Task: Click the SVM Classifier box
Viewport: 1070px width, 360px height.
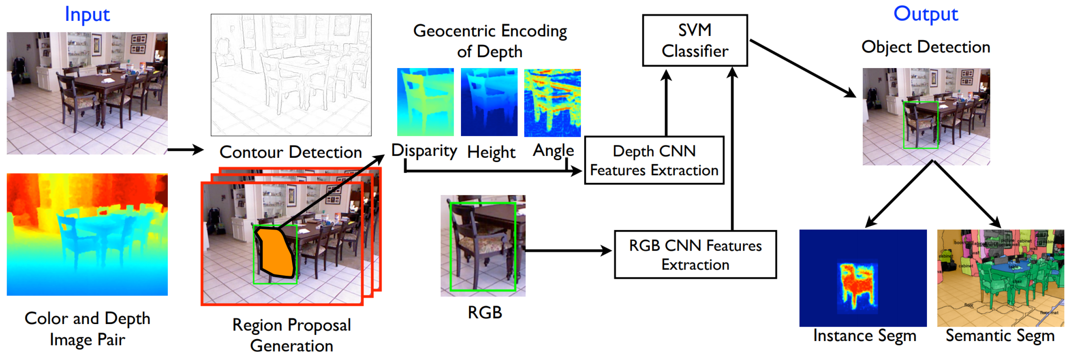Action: pyautogui.click(x=695, y=41)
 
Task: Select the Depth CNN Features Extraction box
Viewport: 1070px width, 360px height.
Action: pyautogui.click(x=654, y=160)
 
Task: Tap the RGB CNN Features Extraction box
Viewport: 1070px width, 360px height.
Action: pyautogui.click(x=695, y=254)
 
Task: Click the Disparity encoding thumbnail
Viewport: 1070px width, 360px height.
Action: pyautogui.click(x=425, y=102)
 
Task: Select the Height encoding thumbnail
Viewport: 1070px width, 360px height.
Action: pyautogui.click(x=489, y=102)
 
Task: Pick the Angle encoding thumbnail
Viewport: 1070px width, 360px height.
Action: pyautogui.click(x=552, y=102)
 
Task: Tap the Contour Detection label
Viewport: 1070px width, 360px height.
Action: pyautogui.click(x=290, y=152)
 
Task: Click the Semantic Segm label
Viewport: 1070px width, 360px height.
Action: pyautogui.click(x=999, y=336)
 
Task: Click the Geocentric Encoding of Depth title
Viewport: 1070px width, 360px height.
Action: pyautogui.click(x=490, y=41)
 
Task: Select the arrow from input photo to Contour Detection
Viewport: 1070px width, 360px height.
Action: pyautogui.click(x=185, y=150)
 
